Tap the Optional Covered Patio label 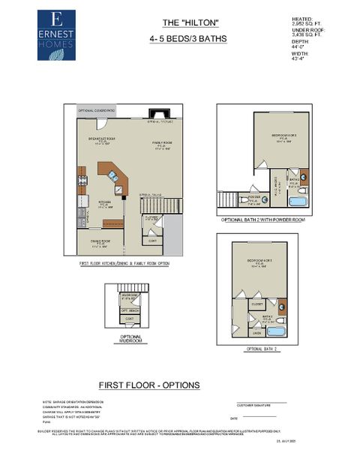click(x=94, y=110)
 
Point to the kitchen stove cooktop click(x=82, y=180)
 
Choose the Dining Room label click(x=101, y=241)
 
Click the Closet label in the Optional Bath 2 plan click(x=256, y=304)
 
